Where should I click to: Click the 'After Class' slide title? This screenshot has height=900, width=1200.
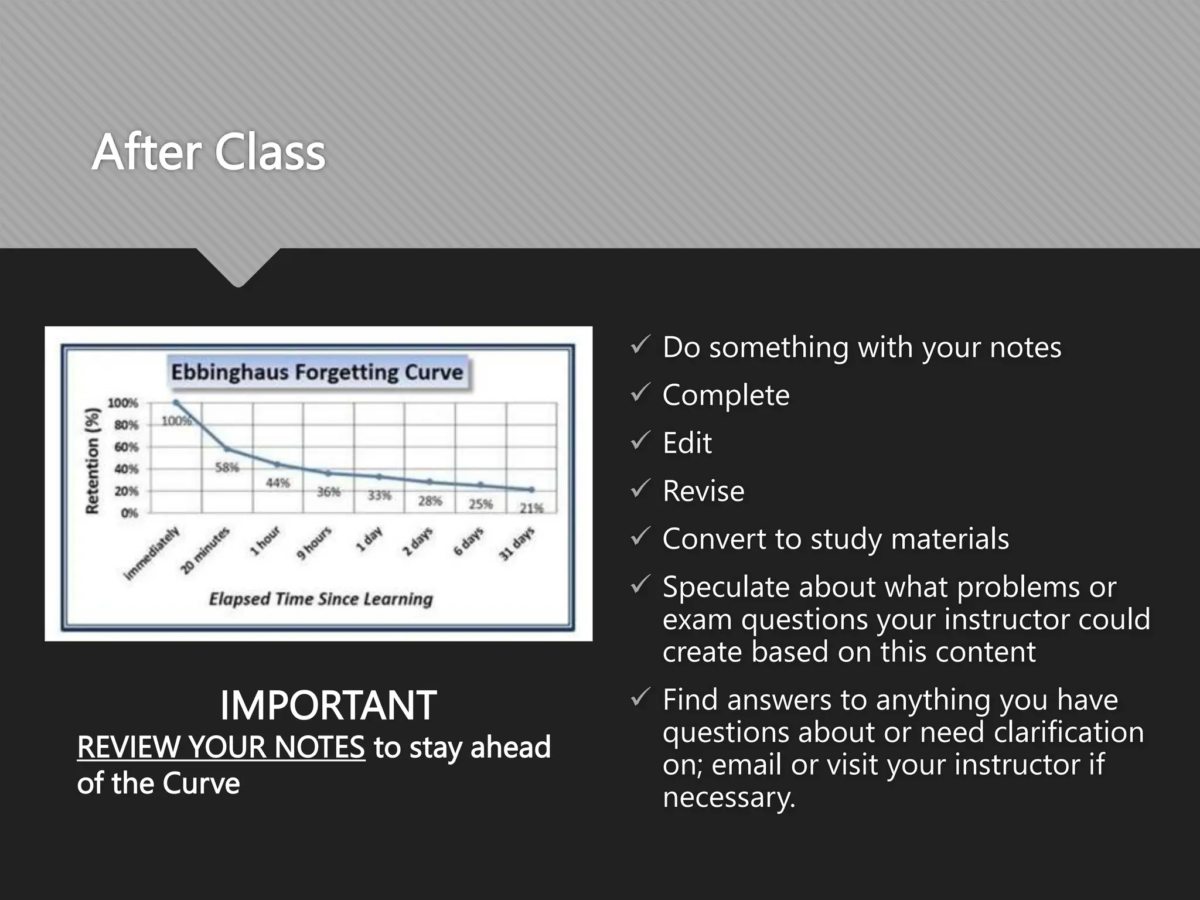(209, 152)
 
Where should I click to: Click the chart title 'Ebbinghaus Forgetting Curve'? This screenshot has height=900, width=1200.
(317, 373)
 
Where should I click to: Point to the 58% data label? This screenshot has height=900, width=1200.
(227, 468)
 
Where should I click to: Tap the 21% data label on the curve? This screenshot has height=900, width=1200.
(531, 508)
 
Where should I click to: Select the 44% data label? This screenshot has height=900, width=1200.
(278, 483)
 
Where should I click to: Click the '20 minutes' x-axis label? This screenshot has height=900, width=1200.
(205, 551)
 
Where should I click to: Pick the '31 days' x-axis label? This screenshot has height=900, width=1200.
(517, 544)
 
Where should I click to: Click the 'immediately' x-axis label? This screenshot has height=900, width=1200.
(152, 554)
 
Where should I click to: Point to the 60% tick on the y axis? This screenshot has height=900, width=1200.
(126, 447)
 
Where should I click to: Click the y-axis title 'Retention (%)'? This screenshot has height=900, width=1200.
(93, 461)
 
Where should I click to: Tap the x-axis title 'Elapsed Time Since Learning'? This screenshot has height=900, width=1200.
(321, 599)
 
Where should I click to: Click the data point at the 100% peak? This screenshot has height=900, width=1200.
(176, 403)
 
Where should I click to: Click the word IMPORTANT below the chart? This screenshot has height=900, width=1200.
(328, 705)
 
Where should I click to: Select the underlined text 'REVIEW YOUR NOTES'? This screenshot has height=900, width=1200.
(221, 747)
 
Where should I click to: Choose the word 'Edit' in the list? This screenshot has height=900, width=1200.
(687, 443)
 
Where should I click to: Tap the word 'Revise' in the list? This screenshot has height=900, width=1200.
(703, 491)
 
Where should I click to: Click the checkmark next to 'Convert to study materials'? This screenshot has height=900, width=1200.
(639, 536)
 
